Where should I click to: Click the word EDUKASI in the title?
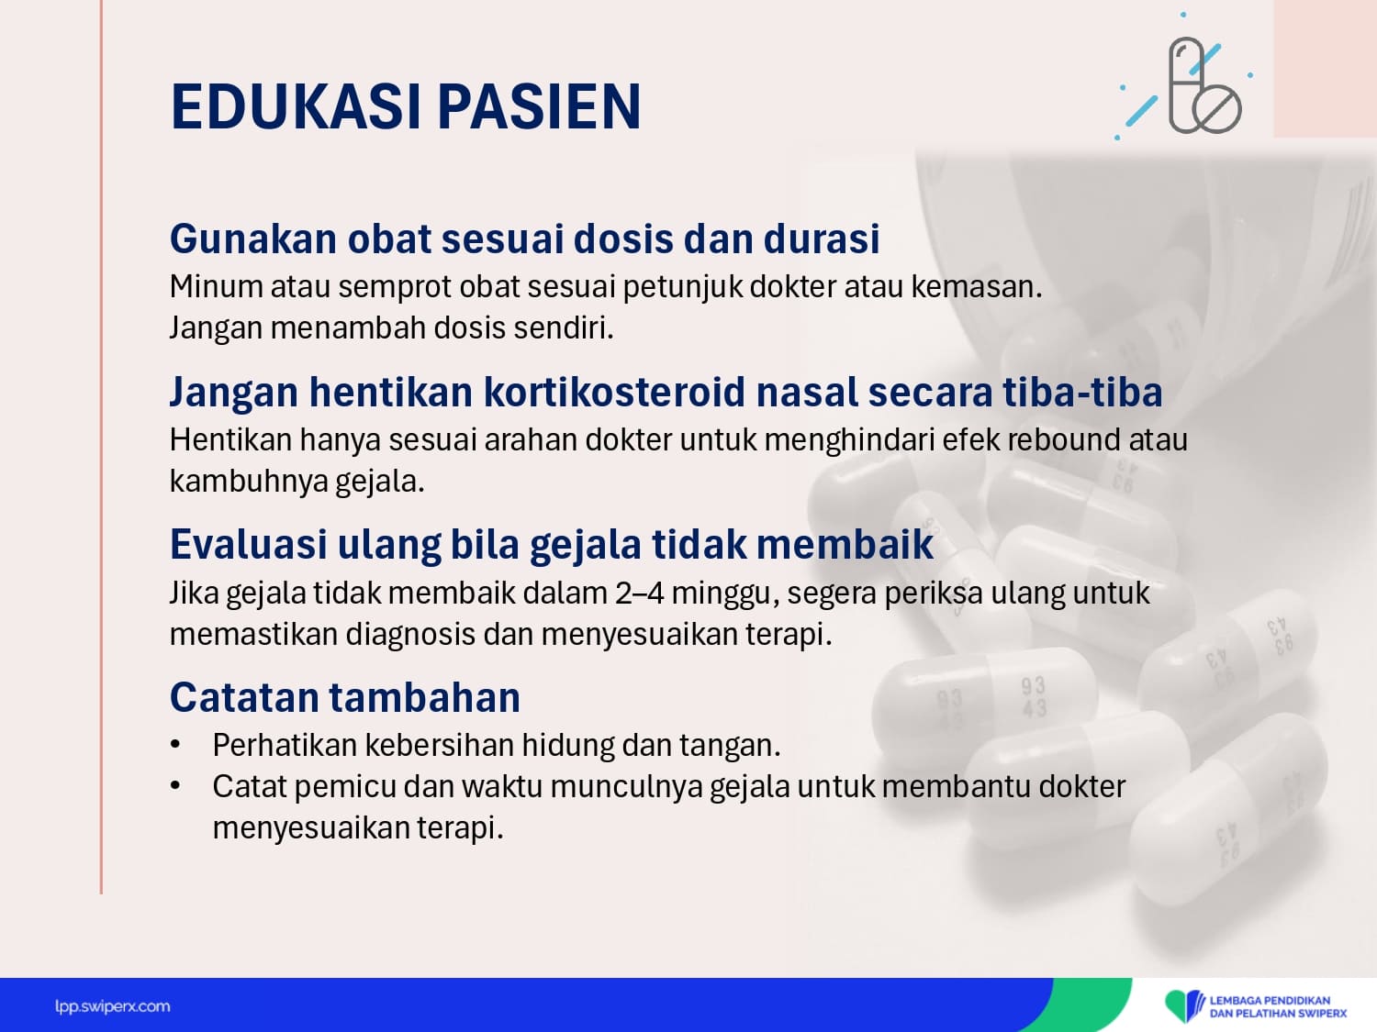(295, 106)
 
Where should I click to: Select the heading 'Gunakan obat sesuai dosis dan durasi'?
(524, 239)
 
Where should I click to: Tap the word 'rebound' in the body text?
(1064, 440)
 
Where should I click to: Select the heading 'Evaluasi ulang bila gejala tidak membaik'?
(552, 545)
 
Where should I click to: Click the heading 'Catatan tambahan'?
(345, 697)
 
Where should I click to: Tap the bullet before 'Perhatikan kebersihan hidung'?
(175, 744)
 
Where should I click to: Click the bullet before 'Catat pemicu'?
(175, 786)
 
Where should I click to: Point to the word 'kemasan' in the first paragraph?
(976, 287)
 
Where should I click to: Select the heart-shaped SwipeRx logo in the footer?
(1182, 1005)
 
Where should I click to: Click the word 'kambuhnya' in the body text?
(249, 482)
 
